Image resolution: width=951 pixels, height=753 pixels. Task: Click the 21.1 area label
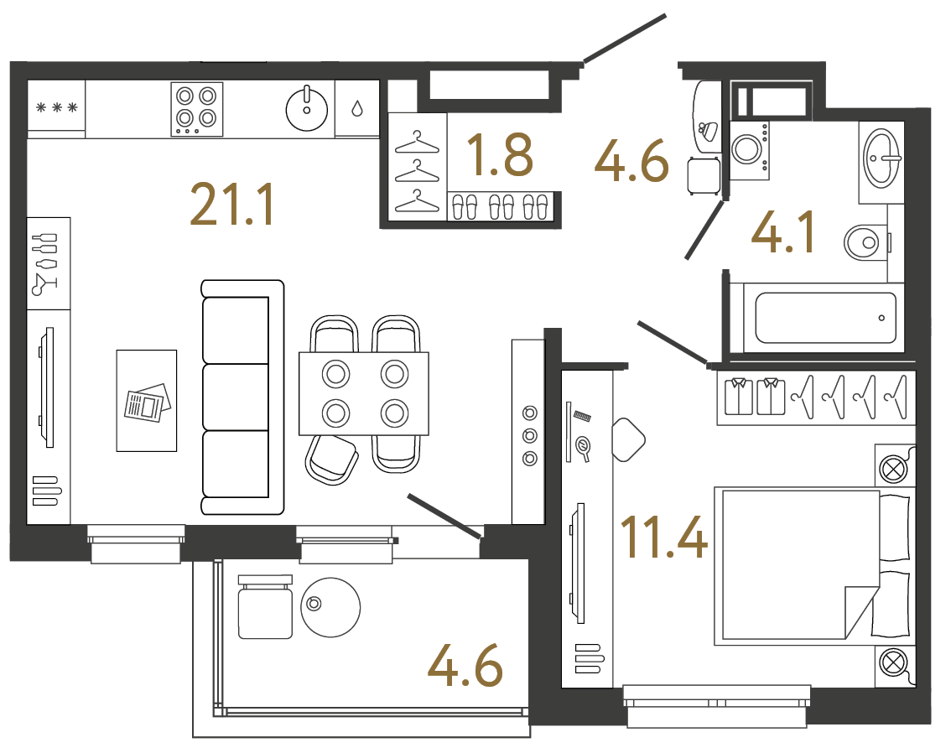(x=232, y=205)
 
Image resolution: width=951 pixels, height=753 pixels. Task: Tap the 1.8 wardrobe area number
(x=500, y=156)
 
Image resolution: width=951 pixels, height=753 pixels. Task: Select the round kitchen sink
(x=307, y=107)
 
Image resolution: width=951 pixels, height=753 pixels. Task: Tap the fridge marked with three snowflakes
(x=56, y=107)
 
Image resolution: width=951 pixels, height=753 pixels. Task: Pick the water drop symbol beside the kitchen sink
(x=357, y=108)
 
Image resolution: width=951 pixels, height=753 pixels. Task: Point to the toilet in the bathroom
(x=864, y=243)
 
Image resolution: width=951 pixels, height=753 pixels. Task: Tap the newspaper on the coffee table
(x=147, y=402)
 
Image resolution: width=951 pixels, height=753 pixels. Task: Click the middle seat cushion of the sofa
(x=237, y=397)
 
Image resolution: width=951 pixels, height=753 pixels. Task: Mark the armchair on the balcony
(x=265, y=609)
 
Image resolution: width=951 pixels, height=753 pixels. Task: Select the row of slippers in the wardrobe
(x=500, y=206)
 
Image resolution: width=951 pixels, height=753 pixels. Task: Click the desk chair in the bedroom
(x=629, y=439)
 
